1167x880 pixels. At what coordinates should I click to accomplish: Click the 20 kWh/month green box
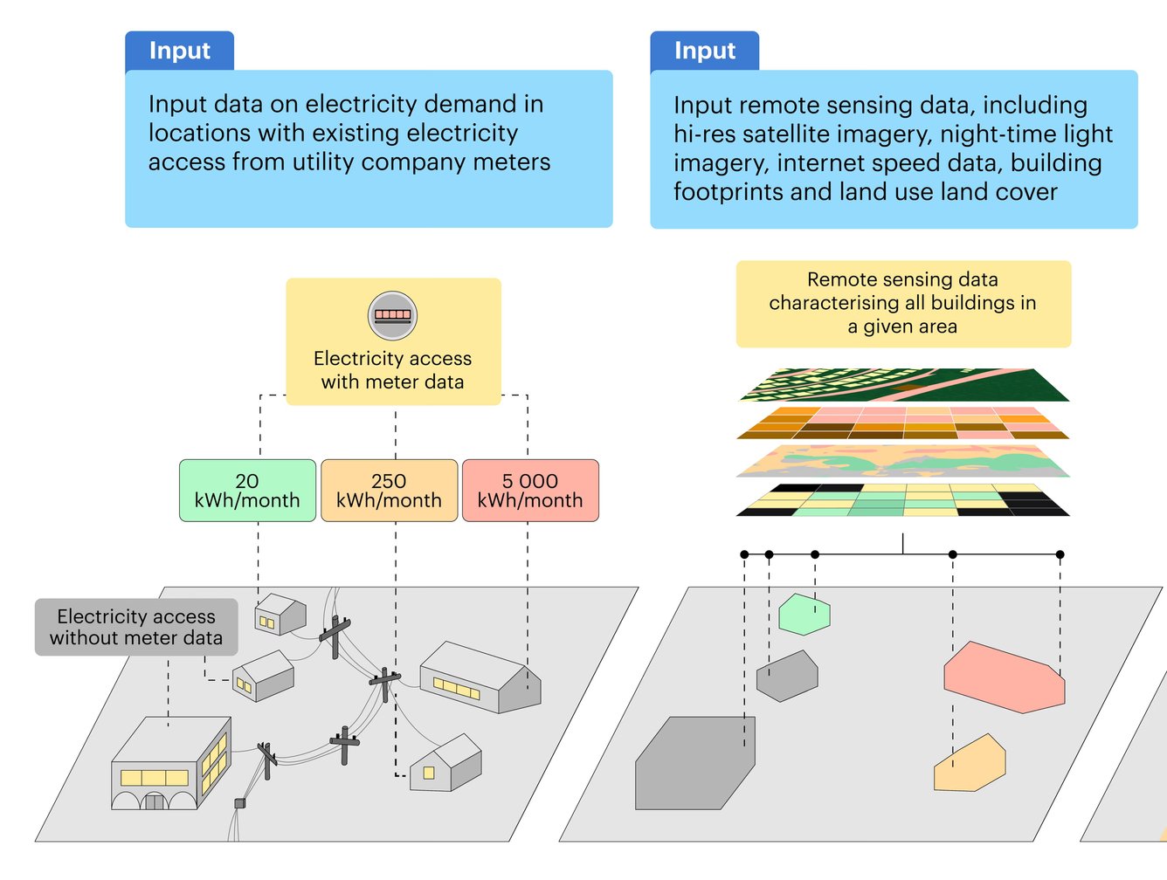click(247, 491)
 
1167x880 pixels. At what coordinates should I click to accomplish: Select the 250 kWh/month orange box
click(389, 491)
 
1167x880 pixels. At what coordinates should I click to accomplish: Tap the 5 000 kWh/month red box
click(530, 491)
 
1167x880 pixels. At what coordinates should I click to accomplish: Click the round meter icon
click(392, 315)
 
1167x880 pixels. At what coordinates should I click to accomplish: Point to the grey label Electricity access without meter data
click(136, 627)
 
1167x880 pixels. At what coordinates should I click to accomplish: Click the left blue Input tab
click(179, 51)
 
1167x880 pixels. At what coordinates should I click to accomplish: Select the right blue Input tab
click(704, 51)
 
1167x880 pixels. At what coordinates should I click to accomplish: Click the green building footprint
click(804, 615)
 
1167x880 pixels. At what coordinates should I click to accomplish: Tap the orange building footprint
click(970, 766)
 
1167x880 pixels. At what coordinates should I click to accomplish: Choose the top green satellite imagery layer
click(904, 385)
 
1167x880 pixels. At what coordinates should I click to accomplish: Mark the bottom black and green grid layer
click(904, 500)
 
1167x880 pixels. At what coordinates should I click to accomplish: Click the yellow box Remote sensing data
click(903, 303)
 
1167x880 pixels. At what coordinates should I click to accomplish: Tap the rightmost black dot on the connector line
click(1060, 554)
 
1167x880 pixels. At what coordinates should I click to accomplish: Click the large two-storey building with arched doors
click(170, 766)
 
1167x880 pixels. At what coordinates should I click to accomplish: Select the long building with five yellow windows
click(479, 678)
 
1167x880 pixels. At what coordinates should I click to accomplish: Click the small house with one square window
click(445, 765)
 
